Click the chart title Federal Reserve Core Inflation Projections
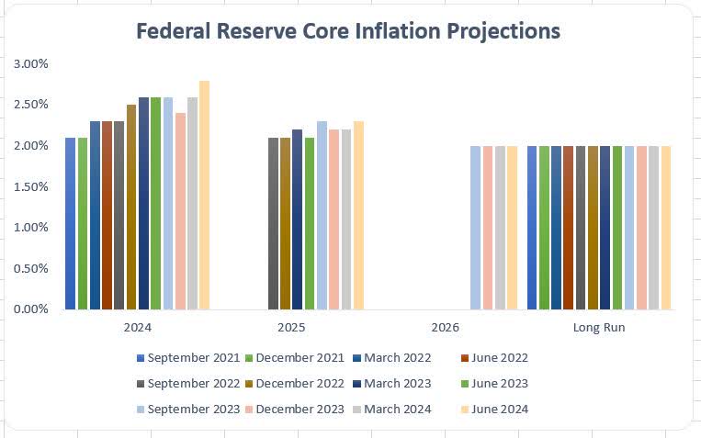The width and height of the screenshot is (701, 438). [348, 30]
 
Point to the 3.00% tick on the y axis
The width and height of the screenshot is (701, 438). [31, 63]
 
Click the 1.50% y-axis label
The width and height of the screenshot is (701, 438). [31, 186]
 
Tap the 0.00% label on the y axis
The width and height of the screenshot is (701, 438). [31, 309]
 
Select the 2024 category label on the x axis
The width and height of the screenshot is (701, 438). [137, 327]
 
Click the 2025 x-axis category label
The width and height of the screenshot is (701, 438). [291, 327]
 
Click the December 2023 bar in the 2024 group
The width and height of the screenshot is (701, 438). [180, 211]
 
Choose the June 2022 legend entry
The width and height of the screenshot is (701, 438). [493, 358]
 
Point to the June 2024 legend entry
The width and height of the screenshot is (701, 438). [493, 410]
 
